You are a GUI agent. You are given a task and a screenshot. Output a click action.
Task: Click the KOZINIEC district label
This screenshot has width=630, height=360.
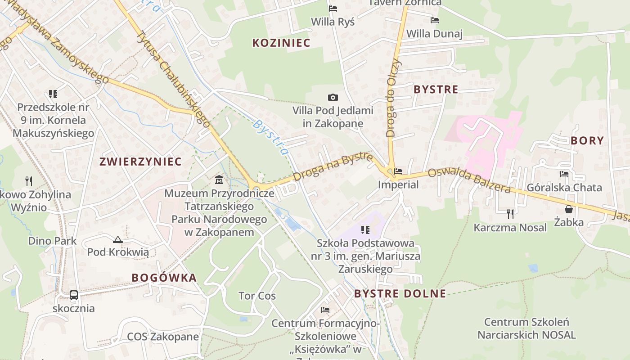point(281,43)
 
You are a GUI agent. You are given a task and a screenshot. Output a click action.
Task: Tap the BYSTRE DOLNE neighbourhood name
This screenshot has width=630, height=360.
point(400,294)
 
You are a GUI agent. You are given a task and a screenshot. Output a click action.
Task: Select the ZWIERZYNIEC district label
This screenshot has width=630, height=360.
point(140,162)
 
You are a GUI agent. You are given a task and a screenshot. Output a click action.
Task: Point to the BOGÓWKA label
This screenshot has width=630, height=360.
point(164,278)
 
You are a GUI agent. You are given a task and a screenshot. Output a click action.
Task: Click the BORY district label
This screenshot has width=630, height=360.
point(587,140)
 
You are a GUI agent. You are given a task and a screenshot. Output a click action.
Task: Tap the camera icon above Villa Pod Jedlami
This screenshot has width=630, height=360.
point(333,97)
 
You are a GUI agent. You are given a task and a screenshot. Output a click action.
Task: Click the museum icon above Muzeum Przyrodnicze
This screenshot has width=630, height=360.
point(219,180)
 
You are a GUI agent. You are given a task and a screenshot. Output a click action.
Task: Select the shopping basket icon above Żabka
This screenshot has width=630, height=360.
point(569,209)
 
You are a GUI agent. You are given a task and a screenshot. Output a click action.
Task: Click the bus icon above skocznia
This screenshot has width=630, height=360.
point(74,295)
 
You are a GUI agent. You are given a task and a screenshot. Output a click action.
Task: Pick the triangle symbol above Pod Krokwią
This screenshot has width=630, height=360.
point(118,240)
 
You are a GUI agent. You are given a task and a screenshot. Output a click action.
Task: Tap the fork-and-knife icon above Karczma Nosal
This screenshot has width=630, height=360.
point(510,213)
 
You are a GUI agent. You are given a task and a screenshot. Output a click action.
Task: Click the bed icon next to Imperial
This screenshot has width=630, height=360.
point(398,171)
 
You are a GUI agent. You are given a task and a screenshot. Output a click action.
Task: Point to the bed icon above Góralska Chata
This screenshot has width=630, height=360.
point(564,174)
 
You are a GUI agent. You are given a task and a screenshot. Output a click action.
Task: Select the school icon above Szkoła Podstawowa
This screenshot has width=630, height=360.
point(365,230)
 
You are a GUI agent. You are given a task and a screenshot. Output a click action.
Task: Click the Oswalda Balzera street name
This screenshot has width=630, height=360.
point(469,180)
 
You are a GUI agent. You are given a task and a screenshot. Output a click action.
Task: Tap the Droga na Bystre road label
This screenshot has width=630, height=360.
point(333,166)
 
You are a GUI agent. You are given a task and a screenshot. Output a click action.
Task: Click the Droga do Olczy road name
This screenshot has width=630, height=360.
point(393,97)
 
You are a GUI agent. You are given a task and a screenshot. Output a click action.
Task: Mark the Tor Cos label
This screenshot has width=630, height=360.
point(257,296)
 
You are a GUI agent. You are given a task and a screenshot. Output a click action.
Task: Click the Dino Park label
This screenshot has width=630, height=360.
point(52,241)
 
